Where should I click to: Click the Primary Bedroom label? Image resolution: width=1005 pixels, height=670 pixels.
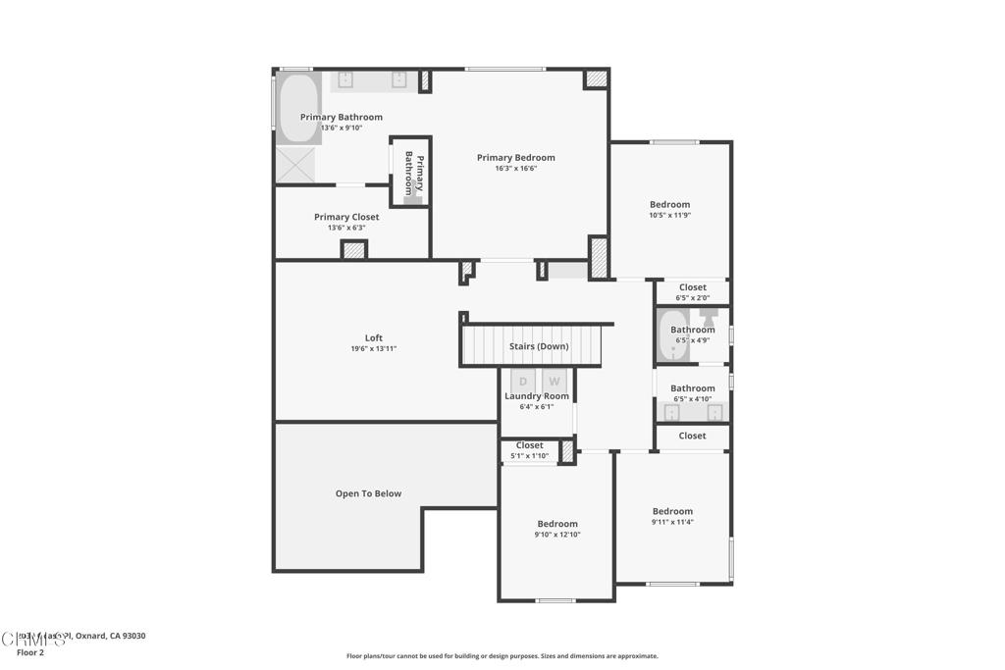(x=515, y=158)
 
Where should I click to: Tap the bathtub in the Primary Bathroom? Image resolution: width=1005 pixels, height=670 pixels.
(x=297, y=108)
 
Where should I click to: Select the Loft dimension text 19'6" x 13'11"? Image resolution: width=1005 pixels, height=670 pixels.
(x=373, y=348)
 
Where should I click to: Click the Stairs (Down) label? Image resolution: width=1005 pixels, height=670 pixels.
(x=538, y=346)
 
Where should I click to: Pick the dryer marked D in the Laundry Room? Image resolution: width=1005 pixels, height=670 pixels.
(x=523, y=381)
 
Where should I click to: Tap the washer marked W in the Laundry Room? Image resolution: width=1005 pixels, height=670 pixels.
(x=555, y=381)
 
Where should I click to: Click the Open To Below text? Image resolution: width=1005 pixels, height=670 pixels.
(x=368, y=493)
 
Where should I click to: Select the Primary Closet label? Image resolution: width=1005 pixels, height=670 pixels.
(x=346, y=217)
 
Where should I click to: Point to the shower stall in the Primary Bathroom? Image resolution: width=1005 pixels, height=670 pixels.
(x=293, y=164)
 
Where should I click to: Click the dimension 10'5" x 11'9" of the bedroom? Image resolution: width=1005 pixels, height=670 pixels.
(x=670, y=215)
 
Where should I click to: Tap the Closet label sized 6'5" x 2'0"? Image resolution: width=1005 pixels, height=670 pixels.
(x=692, y=287)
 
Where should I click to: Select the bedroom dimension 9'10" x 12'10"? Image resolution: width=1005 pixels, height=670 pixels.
(x=557, y=535)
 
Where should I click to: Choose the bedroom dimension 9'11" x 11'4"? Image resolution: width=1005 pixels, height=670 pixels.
(x=672, y=522)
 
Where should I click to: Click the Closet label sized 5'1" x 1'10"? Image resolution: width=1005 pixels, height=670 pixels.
(x=529, y=445)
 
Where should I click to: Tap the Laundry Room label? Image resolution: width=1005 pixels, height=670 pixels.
(x=537, y=396)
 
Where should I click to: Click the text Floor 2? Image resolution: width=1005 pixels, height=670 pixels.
(x=30, y=652)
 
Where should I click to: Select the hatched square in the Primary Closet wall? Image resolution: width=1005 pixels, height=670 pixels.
(x=354, y=250)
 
